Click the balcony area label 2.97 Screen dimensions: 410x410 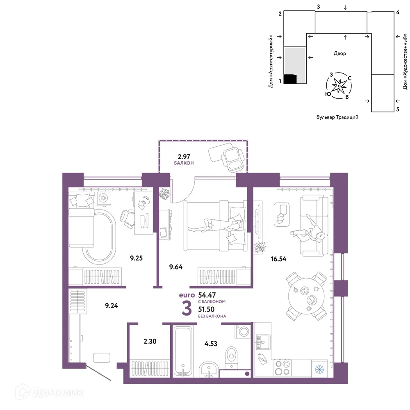[x=184, y=157]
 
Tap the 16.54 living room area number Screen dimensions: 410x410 [x=278, y=259]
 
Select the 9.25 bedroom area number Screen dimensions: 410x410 [x=136, y=258]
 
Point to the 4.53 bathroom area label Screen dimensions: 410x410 [x=211, y=344]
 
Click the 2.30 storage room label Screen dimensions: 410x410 [x=150, y=341]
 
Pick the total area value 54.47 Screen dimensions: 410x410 [x=207, y=295]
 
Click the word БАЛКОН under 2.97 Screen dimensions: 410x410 [x=184, y=163]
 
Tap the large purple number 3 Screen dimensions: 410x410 [x=187, y=309]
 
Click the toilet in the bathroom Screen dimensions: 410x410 [x=231, y=358]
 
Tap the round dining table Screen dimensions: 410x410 [x=306, y=296]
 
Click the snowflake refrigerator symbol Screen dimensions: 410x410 [x=319, y=369]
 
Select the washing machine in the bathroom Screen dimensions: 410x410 [x=243, y=332]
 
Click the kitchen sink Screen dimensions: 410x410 [x=262, y=342]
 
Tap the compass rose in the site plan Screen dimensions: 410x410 [x=339, y=86]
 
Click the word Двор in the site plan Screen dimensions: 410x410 [x=339, y=53]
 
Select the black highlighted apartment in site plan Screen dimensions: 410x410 [x=290, y=79]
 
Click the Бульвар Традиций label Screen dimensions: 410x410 [x=337, y=117]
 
